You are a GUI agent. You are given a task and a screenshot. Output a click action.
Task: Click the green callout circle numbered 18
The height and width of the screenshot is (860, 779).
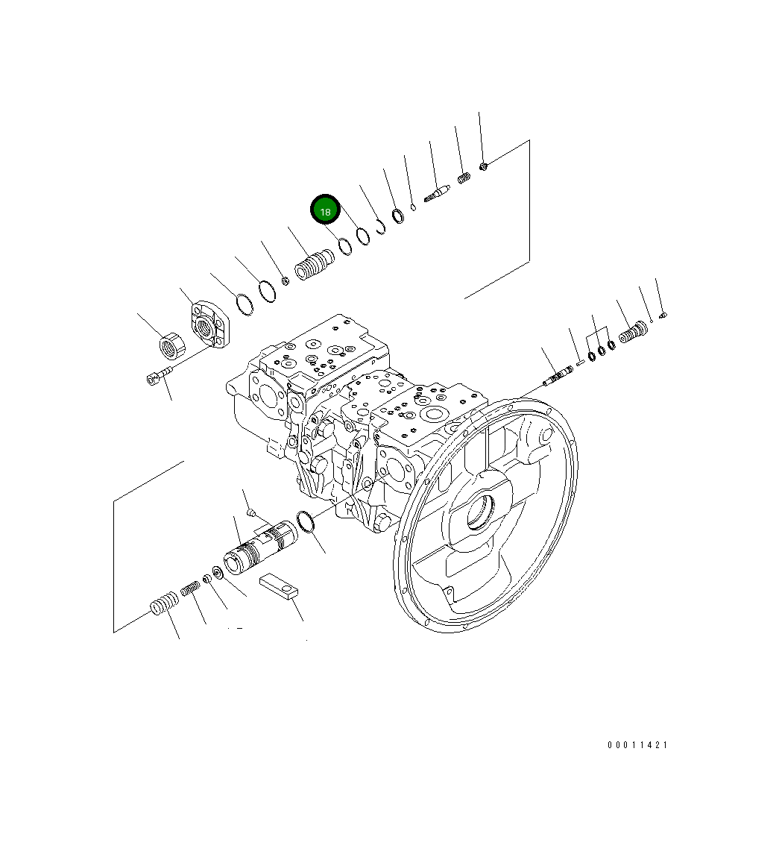coord(325,211)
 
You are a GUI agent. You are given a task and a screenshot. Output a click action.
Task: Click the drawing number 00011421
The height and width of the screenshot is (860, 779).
coord(637,745)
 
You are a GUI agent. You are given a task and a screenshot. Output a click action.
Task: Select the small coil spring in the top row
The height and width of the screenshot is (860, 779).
coord(464,178)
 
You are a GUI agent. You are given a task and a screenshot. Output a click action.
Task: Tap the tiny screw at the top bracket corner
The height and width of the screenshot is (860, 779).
coord(483,166)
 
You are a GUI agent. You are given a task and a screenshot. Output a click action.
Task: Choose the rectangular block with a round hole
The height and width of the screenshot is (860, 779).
coord(279,586)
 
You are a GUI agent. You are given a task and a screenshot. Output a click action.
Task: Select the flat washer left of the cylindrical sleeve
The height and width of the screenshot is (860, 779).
coord(218,573)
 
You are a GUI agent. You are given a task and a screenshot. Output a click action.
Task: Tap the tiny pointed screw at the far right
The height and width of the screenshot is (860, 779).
coord(664,314)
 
